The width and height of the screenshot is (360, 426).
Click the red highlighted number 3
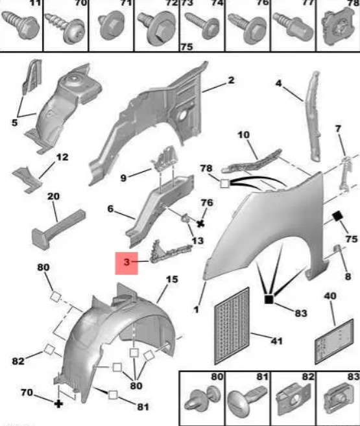(x=126, y=263)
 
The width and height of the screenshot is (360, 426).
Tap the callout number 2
(x=231, y=80)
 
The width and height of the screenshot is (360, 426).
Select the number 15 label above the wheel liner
(x=172, y=279)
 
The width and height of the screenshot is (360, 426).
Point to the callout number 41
(x=276, y=340)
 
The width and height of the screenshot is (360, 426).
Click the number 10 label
(x=243, y=135)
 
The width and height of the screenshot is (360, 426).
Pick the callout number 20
(x=53, y=196)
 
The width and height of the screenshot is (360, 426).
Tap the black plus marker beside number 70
(x=58, y=403)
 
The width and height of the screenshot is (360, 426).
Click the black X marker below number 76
(x=200, y=224)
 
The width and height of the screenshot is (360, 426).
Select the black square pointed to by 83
(x=269, y=300)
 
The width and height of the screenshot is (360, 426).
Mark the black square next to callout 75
(x=338, y=217)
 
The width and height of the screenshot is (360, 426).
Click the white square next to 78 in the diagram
(x=224, y=184)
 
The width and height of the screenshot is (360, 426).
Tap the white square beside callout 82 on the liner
(x=49, y=349)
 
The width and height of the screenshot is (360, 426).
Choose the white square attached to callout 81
(x=113, y=395)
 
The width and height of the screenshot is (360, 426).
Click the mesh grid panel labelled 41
(x=232, y=326)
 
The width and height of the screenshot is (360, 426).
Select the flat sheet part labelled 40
(x=335, y=342)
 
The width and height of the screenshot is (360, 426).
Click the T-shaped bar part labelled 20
(x=58, y=229)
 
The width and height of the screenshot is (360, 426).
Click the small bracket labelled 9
(x=165, y=159)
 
